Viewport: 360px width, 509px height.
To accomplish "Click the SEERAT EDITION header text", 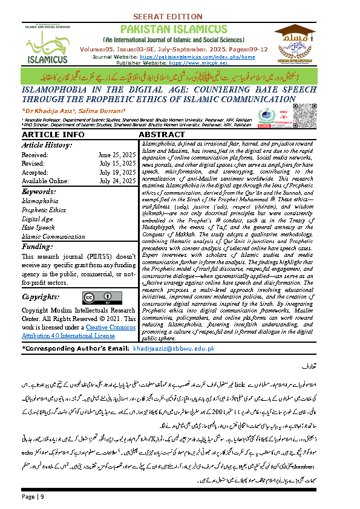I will click(x=180, y=16).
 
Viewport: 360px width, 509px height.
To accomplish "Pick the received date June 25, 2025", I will click(x=117, y=155).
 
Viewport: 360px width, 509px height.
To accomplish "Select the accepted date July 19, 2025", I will click(x=117, y=172).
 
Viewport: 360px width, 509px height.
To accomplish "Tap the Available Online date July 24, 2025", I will click(x=117, y=180).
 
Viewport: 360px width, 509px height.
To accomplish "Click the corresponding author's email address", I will click(x=182, y=349).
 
